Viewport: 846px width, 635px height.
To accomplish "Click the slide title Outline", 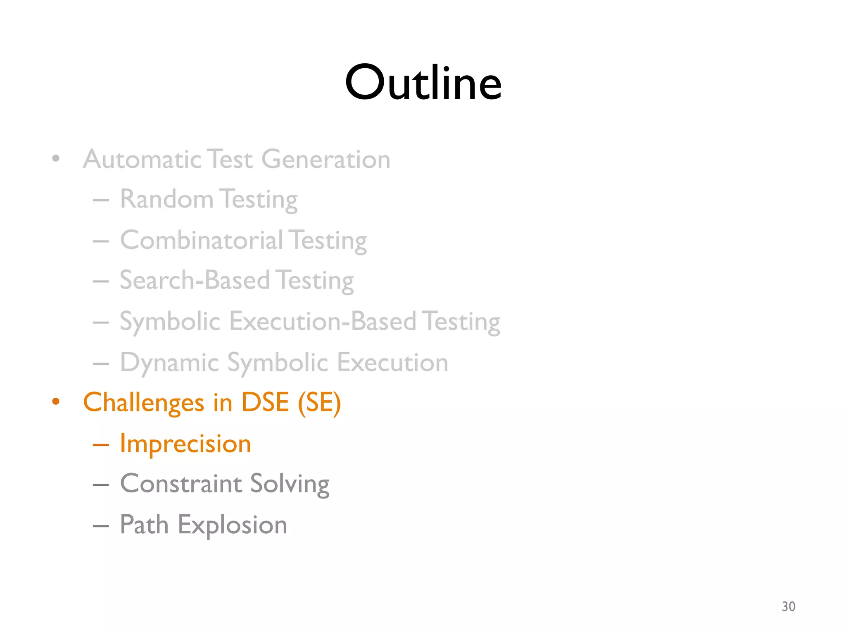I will (423, 82).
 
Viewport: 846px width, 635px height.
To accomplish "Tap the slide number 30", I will (788, 606).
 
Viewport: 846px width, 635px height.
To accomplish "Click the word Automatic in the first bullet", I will (142, 160).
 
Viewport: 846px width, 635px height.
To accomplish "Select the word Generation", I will (326, 160).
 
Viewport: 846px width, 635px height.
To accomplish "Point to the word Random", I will (166, 199).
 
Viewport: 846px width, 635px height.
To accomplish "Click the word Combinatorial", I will (202, 240).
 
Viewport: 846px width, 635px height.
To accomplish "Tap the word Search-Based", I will (195, 280).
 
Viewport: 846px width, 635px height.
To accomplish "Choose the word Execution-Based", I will (322, 321).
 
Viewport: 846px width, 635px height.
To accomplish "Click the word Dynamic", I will (169, 363).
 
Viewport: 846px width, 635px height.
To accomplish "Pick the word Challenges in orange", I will (143, 403).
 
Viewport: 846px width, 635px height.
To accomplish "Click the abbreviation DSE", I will (265, 402).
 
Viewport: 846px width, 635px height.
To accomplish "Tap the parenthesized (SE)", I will (319, 403).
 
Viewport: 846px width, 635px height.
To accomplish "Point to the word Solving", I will (290, 484).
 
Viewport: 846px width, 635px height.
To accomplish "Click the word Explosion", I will (232, 525).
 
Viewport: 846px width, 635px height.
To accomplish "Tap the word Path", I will (144, 525).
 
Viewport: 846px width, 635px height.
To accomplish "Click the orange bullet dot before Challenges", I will (56, 401).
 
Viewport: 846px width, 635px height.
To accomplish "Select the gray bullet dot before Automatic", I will (56, 158).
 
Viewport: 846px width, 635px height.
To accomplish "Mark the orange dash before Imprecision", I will (100, 445).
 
